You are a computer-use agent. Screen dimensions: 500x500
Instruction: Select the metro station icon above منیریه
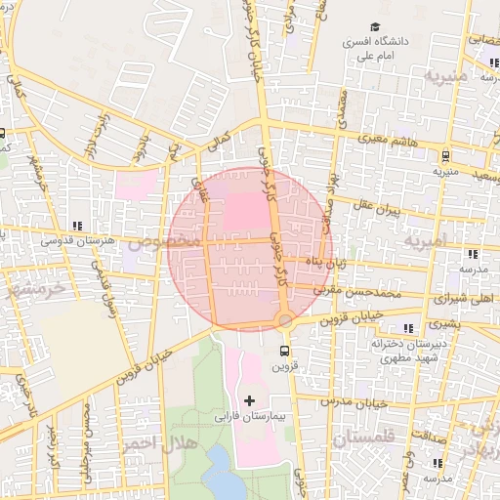click(x=445, y=154)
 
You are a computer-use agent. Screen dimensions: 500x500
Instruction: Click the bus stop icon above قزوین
click(x=284, y=351)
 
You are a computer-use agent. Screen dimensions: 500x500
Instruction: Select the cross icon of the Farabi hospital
click(x=249, y=400)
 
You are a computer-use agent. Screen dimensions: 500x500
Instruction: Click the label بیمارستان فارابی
click(x=249, y=417)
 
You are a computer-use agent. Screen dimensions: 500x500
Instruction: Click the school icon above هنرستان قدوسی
click(x=77, y=225)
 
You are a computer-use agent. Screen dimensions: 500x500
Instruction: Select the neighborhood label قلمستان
click(x=362, y=439)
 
